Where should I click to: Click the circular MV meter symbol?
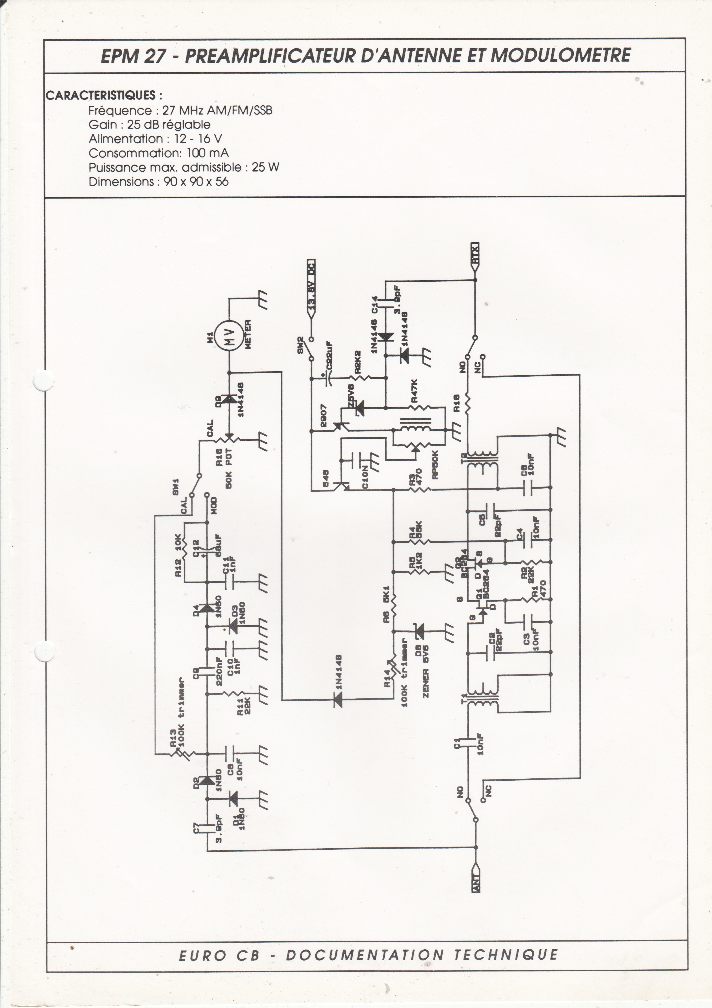pos(229,337)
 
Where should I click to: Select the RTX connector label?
pos(475,253)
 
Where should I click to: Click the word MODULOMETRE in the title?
pos(561,56)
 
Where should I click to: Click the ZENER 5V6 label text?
pos(425,670)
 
